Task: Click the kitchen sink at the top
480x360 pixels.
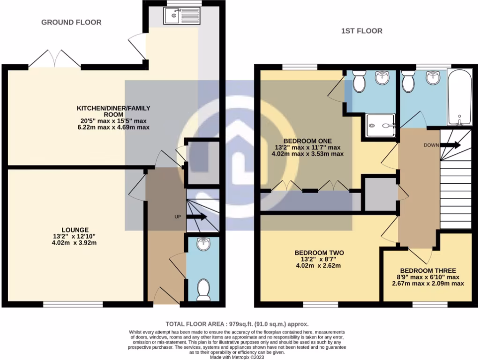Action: coord(181,16)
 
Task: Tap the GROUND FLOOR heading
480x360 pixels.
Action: coord(71,22)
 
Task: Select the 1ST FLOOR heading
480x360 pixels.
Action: coord(362,31)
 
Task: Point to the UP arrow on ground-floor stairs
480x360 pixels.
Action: coord(196,217)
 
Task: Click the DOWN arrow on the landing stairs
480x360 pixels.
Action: coord(450,145)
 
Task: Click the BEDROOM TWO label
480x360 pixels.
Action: coord(319,253)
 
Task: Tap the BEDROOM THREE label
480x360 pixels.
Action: coord(428,270)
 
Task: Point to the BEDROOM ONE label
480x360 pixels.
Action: coord(307,141)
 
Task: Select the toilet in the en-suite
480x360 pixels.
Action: coord(359,81)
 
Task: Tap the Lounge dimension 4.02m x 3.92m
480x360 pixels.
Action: coord(75,243)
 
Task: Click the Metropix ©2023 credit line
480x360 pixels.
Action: coord(237,357)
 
